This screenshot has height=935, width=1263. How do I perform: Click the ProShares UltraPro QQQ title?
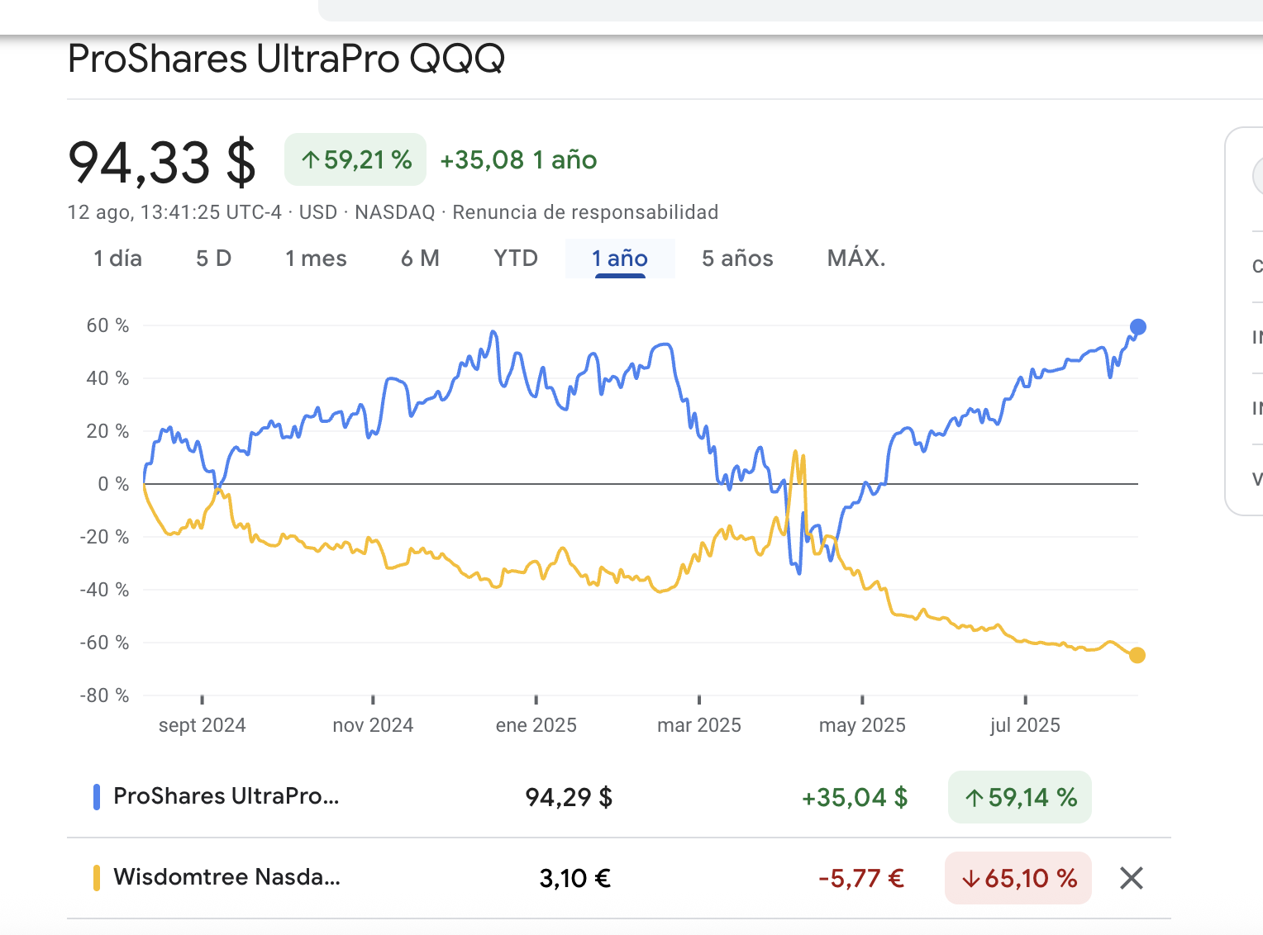[x=286, y=59]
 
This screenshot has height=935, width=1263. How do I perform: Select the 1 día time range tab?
[x=117, y=259]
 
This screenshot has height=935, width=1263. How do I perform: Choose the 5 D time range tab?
[x=213, y=259]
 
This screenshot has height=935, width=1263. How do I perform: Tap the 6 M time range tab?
[x=420, y=259]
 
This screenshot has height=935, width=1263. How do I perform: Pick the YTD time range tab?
[x=516, y=259]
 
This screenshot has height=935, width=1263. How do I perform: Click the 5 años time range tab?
[x=737, y=259]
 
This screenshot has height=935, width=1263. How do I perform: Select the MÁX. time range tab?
[x=856, y=259]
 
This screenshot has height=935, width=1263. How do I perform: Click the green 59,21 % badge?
[x=355, y=159]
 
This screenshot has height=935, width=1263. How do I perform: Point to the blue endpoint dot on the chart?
[x=1137, y=327]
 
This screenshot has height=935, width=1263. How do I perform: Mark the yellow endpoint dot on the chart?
[x=1137, y=655]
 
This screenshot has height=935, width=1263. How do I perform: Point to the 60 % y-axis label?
[x=107, y=325]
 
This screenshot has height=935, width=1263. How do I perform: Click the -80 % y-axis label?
[x=104, y=695]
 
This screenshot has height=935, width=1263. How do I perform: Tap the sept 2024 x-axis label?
[x=203, y=725]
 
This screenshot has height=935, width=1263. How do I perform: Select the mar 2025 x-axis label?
[x=699, y=725]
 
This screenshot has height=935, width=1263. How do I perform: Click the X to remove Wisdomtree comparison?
[x=1132, y=878]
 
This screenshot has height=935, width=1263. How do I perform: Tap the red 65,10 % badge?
[x=1018, y=878]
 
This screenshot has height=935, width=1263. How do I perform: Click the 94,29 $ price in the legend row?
[x=569, y=797]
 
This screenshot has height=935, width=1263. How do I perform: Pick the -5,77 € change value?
[x=861, y=878]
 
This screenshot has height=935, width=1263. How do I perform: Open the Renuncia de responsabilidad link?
[x=585, y=212]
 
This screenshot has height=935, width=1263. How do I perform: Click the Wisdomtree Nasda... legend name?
[x=226, y=876]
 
